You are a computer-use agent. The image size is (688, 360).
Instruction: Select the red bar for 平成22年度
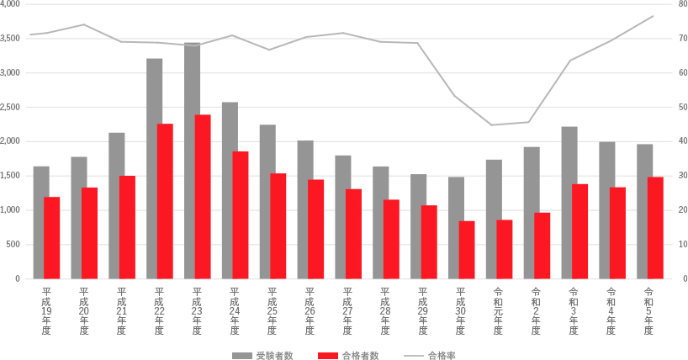[x=165, y=202]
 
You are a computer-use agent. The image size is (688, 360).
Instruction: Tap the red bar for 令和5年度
[x=655, y=227]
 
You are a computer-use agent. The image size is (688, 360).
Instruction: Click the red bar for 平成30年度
[x=467, y=250]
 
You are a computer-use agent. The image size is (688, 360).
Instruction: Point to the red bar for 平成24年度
[x=241, y=214]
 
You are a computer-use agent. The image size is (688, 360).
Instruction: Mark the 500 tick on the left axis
[x=14, y=245]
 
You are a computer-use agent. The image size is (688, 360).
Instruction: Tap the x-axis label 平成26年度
[x=310, y=311]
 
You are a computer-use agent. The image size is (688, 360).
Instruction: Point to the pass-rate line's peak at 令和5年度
[x=653, y=16]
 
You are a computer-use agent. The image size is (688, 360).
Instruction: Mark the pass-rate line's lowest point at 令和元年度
[x=492, y=125]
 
